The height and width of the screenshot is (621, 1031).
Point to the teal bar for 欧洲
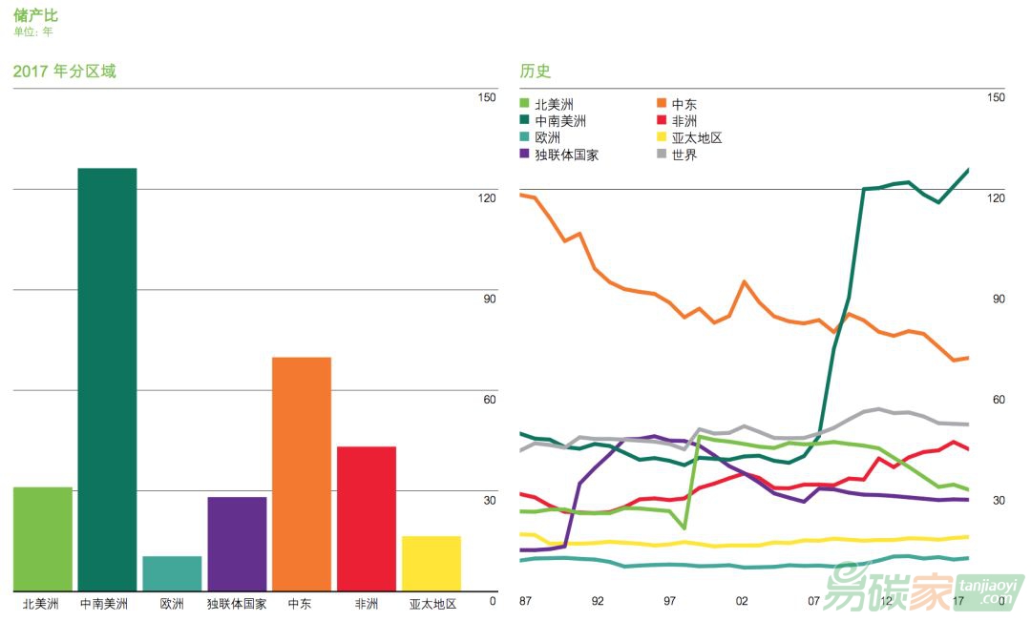172,573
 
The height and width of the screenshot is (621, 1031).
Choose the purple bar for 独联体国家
237,544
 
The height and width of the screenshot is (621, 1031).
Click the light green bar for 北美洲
43,539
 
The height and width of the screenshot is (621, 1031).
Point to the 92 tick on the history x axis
598,601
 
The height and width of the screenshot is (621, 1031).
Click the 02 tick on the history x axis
742,601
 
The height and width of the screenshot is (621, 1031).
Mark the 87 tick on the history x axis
525,601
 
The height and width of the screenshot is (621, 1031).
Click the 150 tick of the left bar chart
487,97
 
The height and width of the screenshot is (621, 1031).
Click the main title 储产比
35,14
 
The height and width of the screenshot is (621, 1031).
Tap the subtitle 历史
536,72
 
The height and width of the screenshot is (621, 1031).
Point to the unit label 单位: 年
33,31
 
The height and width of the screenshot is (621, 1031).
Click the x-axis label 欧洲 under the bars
172,604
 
